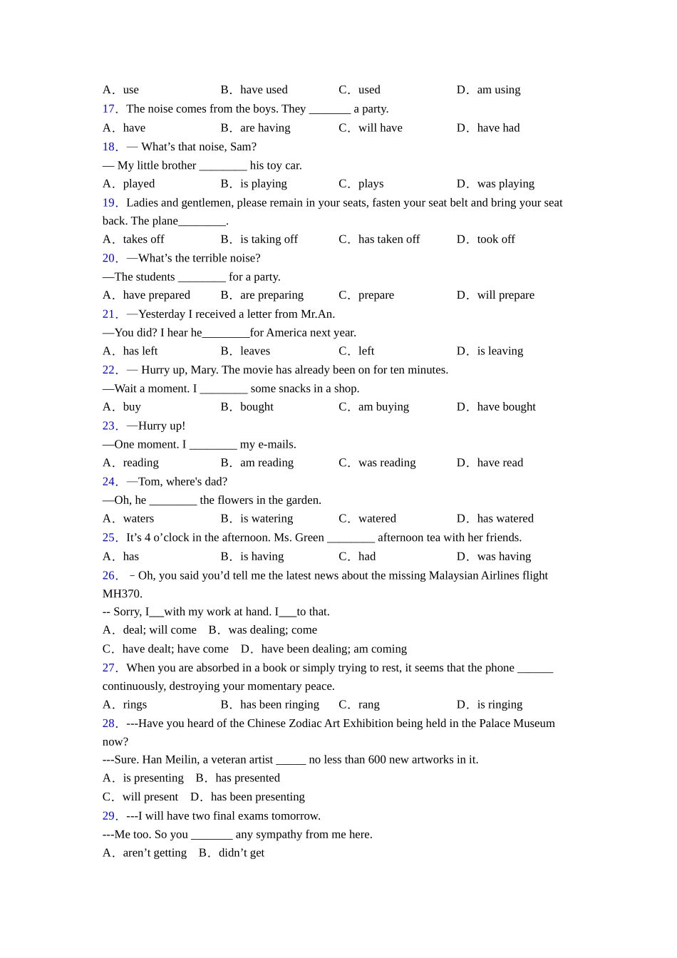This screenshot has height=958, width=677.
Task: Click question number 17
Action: (x=110, y=109)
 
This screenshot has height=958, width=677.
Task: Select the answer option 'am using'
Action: (x=498, y=90)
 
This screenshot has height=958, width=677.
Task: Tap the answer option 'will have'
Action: (x=380, y=128)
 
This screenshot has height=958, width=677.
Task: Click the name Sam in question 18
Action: (x=242, y=147)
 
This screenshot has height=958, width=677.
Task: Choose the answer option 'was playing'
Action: (x=505, y=184)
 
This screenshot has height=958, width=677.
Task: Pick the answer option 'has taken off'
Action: (x=388, y=239)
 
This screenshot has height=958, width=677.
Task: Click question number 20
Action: (x=110, y=258)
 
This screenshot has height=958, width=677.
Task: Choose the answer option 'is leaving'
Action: (x=500, y=351)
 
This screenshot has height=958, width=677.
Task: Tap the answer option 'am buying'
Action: (x=383, y=407)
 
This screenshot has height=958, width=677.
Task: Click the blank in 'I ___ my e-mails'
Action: (x=213, y=445)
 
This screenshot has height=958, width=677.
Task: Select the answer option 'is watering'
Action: (x=267, y=519)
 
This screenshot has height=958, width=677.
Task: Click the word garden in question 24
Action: (x=302, y=500)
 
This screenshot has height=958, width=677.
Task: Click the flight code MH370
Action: (x=123, y=594)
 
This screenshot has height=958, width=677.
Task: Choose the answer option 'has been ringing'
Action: (x=279, y=705)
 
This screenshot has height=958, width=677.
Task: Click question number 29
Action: (x=110, y=816)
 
